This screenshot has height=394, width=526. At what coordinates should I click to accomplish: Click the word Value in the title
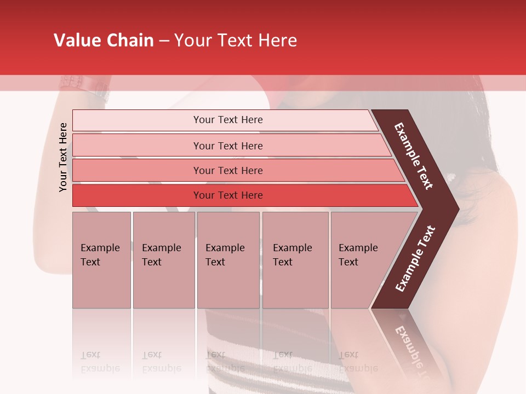76,40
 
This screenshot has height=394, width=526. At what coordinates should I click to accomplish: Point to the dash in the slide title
164,41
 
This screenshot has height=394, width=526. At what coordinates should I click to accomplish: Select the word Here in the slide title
277,40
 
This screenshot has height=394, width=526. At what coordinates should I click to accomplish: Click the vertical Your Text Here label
63,157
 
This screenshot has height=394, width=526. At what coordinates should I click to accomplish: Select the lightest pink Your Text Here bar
227,120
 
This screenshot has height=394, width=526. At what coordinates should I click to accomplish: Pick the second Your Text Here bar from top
227,146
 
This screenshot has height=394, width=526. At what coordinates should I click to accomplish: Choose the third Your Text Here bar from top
227,170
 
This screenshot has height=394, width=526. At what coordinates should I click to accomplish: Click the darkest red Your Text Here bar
227,195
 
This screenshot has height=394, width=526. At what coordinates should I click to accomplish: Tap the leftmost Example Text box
101,259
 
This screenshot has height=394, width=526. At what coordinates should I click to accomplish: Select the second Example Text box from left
163,259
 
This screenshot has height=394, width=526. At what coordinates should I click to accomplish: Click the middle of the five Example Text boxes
228,259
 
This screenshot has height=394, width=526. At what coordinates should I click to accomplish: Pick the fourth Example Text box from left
295,259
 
